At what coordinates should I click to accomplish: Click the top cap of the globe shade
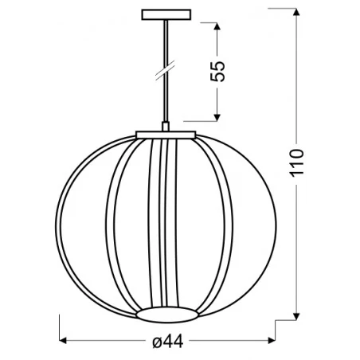click(x=166, y=135)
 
